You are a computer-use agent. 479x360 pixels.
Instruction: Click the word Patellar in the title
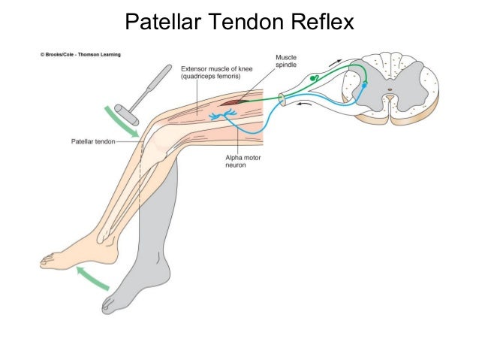pos(161,23)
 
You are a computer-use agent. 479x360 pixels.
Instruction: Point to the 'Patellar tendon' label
pos(92,140)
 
